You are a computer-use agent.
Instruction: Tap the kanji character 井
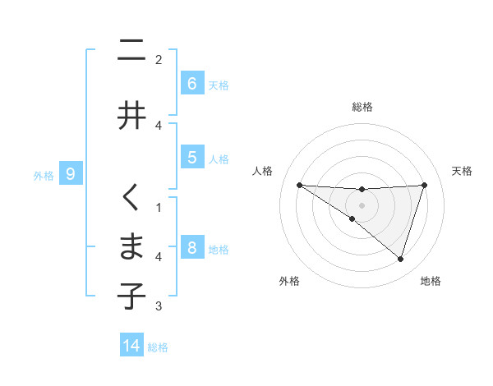coord(131,114)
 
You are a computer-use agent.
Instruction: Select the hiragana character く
coord(131,198)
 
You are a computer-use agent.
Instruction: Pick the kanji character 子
coord(131,295)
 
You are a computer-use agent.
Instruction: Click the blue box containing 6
coord(191,83)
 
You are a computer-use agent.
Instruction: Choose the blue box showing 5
coord(191,158)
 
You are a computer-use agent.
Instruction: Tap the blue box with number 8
coord(191,248)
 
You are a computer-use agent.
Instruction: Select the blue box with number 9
coord(71,173)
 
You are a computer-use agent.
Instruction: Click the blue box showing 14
coord(131,346)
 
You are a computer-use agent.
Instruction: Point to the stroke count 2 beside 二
coord(159,59)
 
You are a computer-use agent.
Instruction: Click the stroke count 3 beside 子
coord(159,307)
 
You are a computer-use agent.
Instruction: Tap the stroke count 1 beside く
coord(159,207)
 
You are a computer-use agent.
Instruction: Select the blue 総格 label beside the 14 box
coord(158,347)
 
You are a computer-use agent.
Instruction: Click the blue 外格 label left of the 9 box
coord(44,175)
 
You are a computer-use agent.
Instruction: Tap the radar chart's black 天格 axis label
coord(463,171)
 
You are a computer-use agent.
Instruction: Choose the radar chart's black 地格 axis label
coord(431,281)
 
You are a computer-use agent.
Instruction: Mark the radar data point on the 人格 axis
coord(299,185)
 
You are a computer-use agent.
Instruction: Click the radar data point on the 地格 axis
coord(400,259)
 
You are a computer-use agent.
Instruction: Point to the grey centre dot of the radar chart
coord(362,204)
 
